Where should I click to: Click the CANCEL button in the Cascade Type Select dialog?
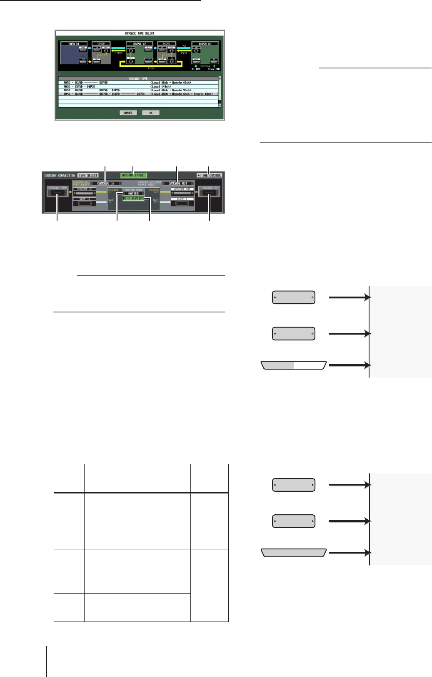click(128, 113)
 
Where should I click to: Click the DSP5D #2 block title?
click(139, 44)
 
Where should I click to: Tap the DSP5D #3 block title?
click(205, 44)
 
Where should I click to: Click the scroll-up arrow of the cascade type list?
click(220, 78)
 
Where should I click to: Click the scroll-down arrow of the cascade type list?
click(220, 106)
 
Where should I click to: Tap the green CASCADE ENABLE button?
click(134, 175)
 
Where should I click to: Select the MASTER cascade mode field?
click(133, 194)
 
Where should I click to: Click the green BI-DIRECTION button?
click(133, 199)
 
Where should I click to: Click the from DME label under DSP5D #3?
click(214, 69)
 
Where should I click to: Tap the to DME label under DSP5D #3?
click(196, 69)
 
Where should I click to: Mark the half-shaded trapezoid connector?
click(294, 365)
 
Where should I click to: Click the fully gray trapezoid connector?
click(294, 553)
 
